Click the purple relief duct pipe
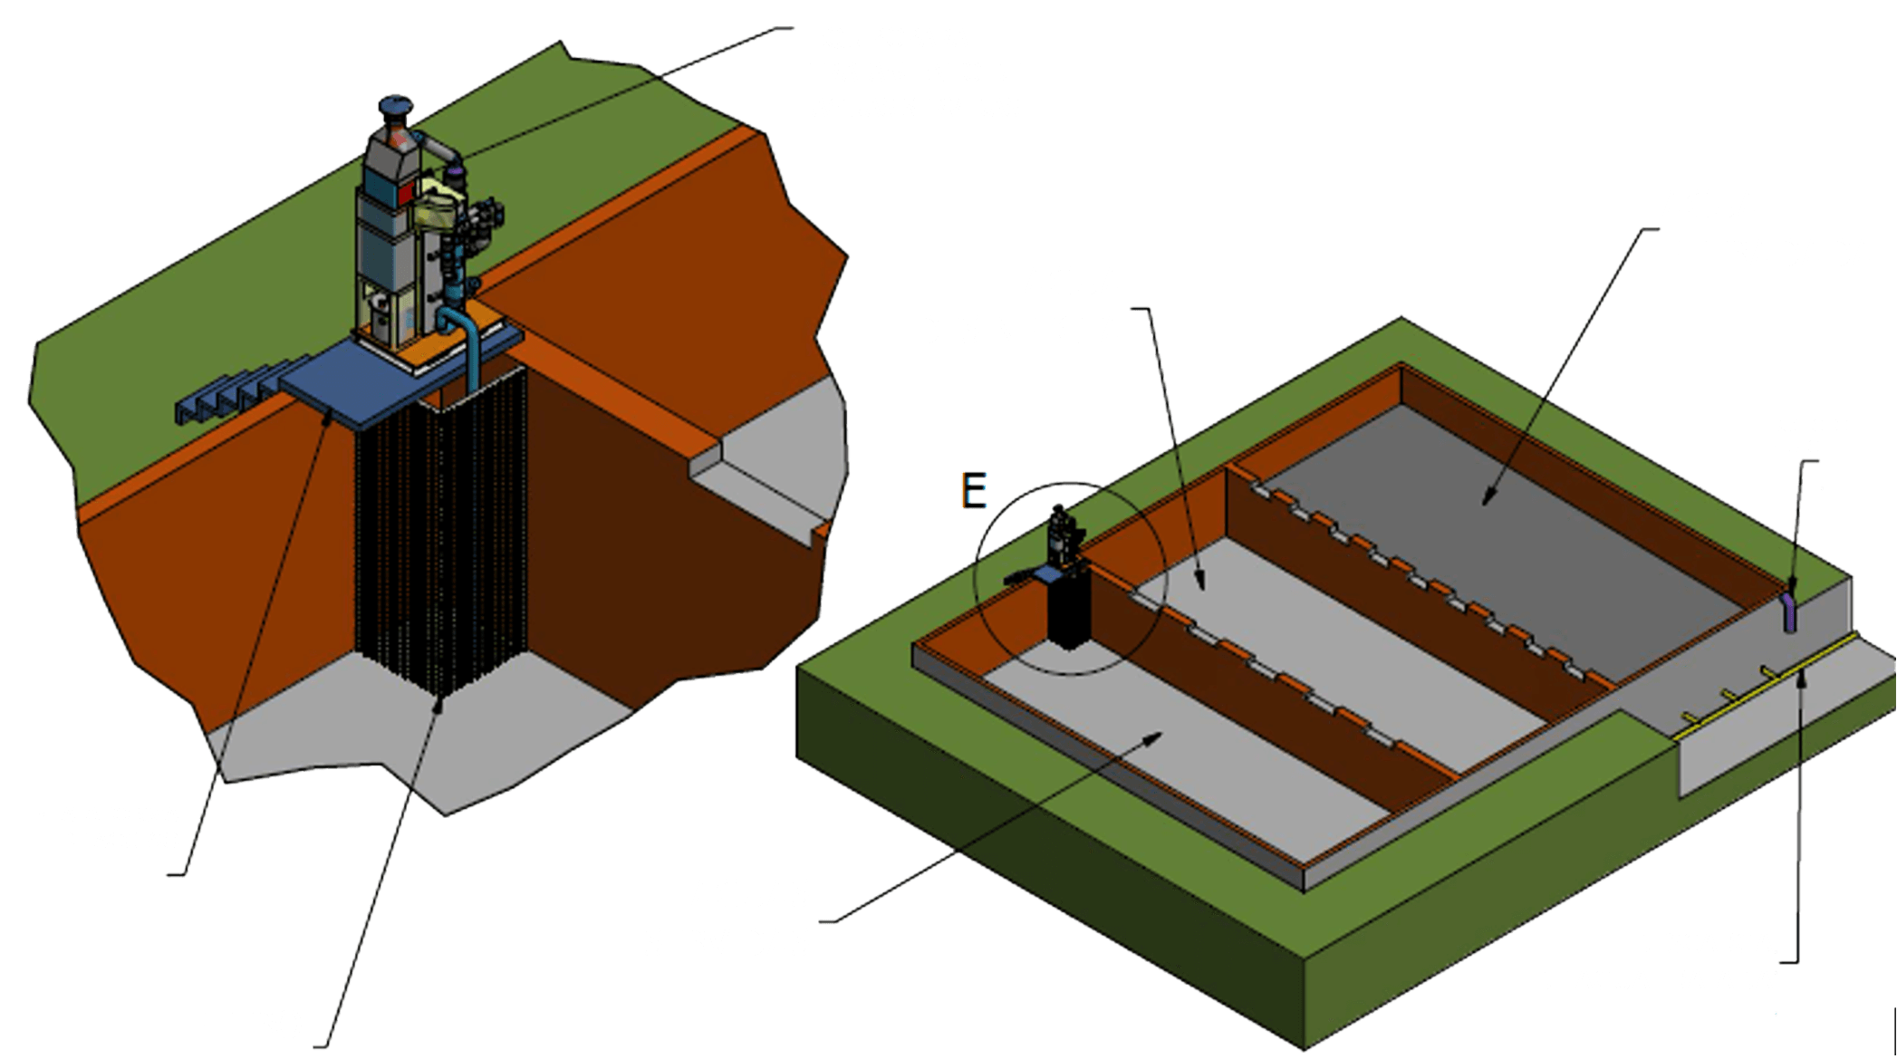pyautogui.click(x=1789, y=611)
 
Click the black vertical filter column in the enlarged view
pyautogui.click(x=441, y=544)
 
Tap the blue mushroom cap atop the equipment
pyautogui.click(x=396, y=107)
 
